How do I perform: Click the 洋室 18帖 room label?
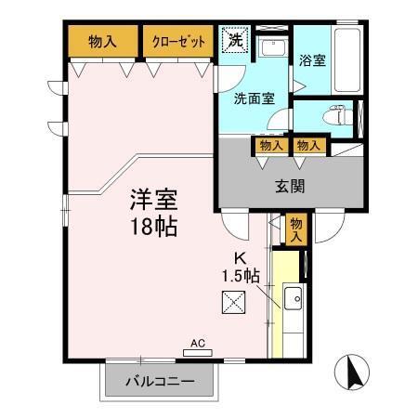point(153,213)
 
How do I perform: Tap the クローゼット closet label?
point(178,42)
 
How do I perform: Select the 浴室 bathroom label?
point(312,60)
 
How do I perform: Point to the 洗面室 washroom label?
point(254,98)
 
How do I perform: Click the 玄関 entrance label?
point(290,187)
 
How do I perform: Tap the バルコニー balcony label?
point(160,381)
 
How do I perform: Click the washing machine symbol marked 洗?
point(236,40)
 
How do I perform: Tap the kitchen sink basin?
point(293,298)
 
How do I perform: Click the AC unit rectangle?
point(198,353)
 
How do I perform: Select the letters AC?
point(198,343)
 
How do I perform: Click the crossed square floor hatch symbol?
point(233,302)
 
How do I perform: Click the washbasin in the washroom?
point(272,47)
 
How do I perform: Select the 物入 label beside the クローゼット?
point(102,42)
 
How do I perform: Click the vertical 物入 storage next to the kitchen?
point(296,229)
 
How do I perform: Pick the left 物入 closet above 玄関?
point(271,146)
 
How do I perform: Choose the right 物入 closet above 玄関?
point(308,146)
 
